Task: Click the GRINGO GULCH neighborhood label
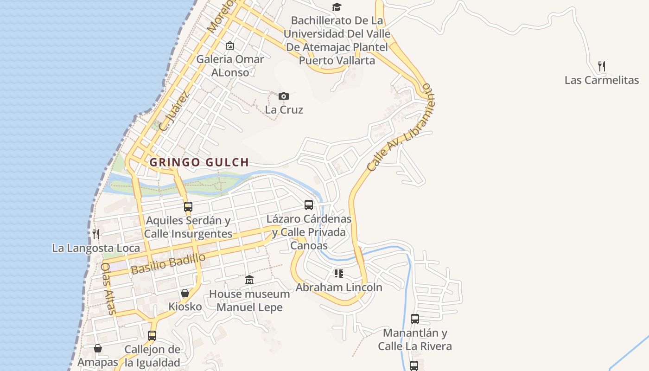pos(199,162)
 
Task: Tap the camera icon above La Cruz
pos(284,96)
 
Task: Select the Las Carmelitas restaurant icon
pos(602,66)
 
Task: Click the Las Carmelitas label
pos(602,80)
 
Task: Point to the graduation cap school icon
pos(337,7)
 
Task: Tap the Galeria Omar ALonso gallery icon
pos(229,45)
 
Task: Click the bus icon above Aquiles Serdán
pos(188,207)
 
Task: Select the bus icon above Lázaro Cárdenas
pos(309,205)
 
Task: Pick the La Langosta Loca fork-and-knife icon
pos(96,234)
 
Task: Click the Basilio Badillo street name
pos(168,264)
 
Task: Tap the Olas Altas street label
pos(108,288)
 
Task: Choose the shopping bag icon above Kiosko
pos(185,293)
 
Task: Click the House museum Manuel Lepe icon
pos(249,280)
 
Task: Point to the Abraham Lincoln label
pos(339,288)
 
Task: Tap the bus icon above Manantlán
pos(415,319)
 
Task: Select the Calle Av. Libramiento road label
pos(401,128)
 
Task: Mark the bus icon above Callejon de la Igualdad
pos(152,336)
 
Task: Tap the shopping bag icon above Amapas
pos(98,348)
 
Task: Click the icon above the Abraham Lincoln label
pos(339,274)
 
